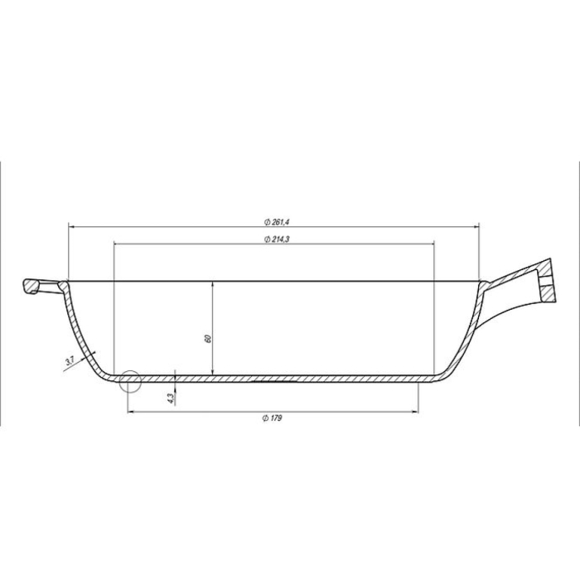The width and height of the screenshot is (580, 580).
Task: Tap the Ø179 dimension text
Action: [273, 418]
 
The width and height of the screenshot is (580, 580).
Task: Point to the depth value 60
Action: [209, 338]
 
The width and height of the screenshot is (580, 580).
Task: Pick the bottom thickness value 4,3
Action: [171, 397]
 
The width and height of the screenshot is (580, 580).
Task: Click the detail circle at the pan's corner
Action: [129, 381]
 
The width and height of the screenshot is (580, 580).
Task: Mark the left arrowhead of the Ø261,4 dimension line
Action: [71, 226]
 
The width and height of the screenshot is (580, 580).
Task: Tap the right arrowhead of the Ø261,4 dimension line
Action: [477, 226]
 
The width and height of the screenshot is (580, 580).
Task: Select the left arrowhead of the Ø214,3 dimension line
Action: [116, 244]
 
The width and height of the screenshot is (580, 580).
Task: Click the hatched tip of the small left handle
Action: [31, 287]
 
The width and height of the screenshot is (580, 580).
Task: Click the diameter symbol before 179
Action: [263, 418]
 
